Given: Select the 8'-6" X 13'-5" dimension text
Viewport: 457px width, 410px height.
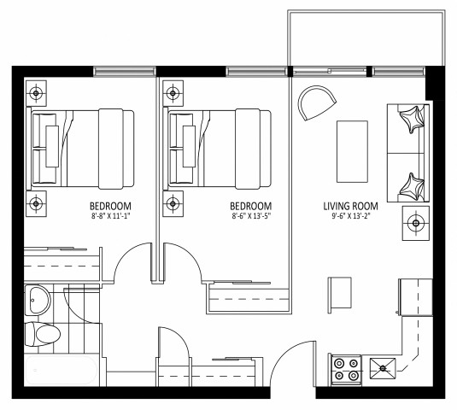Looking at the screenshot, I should pos(251,217).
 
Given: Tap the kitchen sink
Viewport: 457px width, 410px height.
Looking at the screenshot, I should pos(383,370).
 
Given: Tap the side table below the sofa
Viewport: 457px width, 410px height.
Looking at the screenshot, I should pos(416,224).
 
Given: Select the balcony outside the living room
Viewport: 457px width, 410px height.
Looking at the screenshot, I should pos(366,38).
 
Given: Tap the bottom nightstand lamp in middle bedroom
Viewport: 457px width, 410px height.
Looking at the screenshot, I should pos(173,202).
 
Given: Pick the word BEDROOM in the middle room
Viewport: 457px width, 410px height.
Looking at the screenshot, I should pos(251,206).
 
